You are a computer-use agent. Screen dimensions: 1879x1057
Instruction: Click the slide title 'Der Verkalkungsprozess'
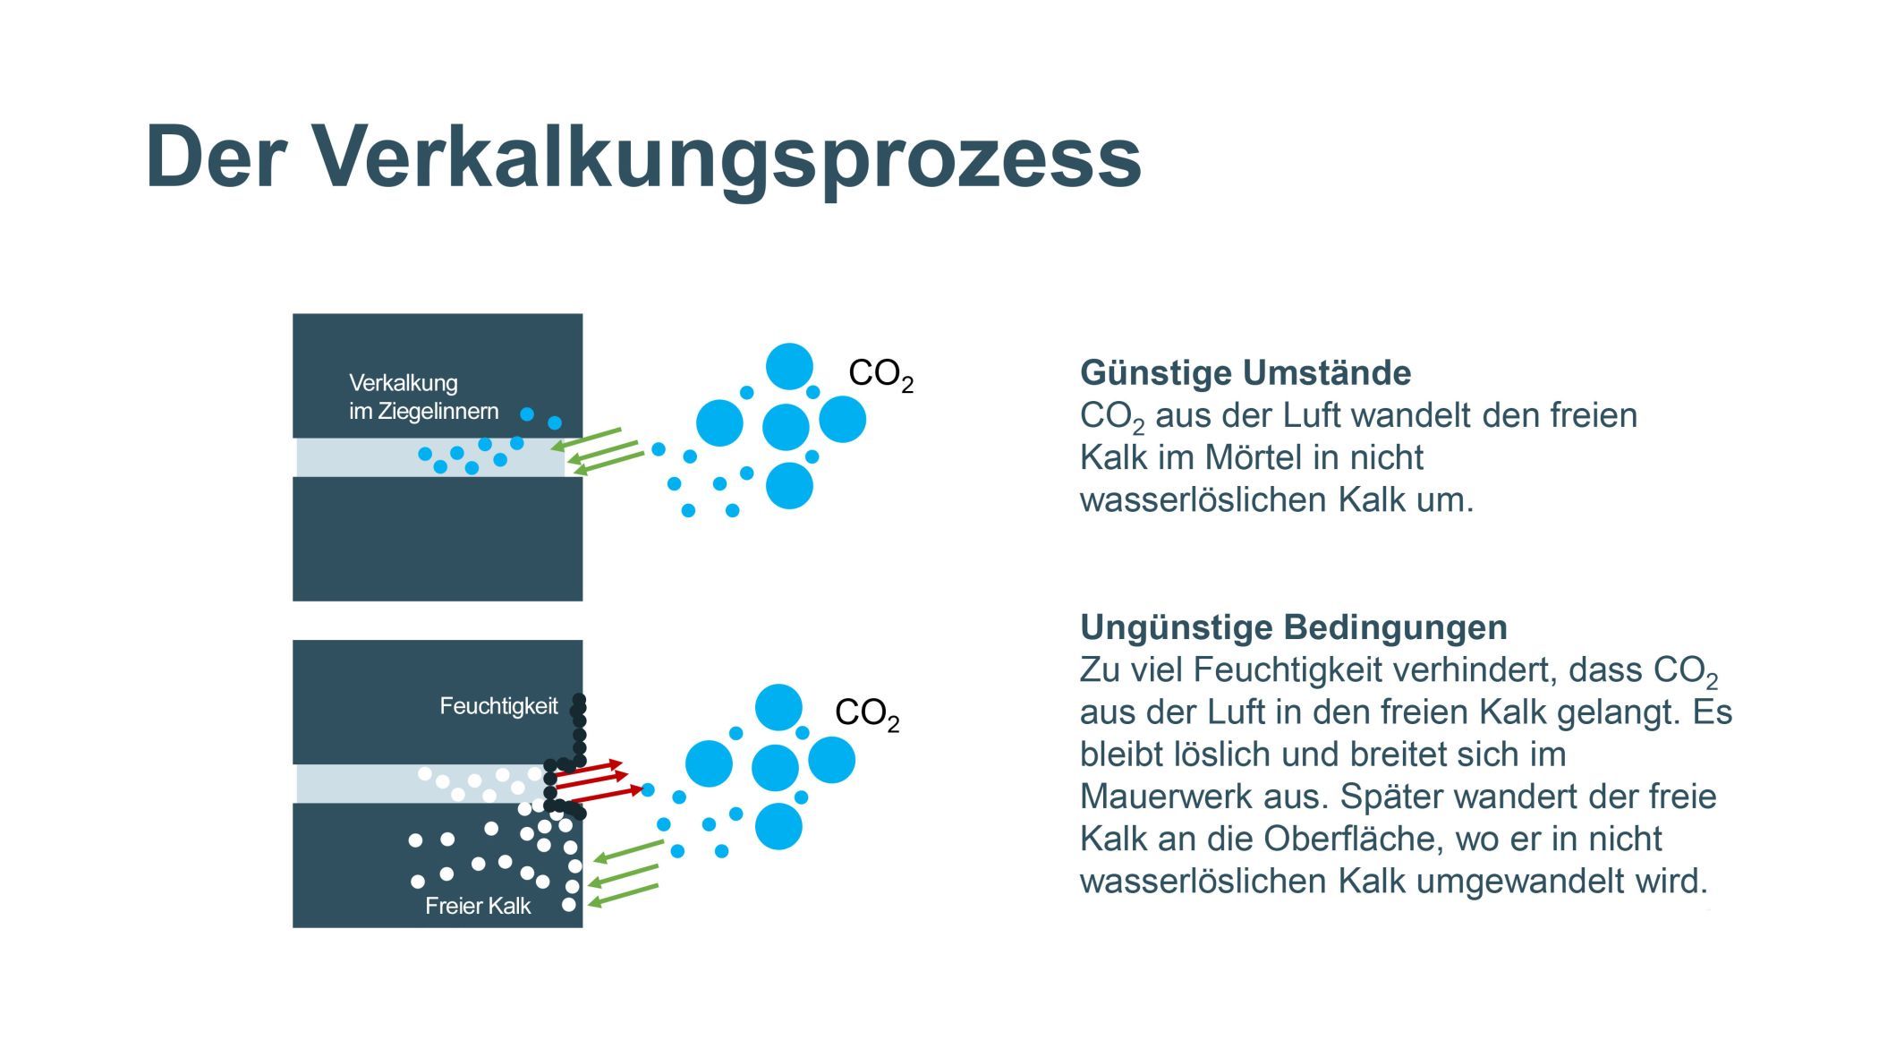click(x=642, y=158)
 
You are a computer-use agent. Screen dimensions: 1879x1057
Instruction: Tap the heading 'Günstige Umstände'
click(x=1246, y=372)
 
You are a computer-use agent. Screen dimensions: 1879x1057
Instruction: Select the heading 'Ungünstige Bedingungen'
click(x=1294, y=627)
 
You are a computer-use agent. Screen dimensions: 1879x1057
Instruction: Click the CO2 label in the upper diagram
click(x=880, y=374)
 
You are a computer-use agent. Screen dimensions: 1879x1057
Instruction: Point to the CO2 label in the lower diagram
click(x=867, y=713)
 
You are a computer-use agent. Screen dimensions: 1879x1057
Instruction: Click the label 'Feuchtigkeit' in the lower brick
click(x=498, y=706)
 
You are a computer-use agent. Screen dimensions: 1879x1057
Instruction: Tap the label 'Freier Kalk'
click(x=478, y=906)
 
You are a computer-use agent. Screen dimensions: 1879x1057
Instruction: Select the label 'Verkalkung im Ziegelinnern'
click(x=423, y=397)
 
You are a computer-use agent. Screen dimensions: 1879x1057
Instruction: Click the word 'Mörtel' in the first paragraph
click(x=1253, y=457)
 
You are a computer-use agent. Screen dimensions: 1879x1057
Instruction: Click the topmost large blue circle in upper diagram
click(x=789, y=367)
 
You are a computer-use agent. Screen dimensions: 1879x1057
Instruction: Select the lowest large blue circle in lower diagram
click(x=778, y=826)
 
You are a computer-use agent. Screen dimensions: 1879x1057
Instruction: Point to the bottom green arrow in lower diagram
click(x=623, y=896)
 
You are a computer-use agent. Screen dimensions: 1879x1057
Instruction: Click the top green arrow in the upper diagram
click(x=585, y=439)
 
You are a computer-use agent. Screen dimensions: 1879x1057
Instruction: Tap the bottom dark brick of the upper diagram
click(x=438, y=539)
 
